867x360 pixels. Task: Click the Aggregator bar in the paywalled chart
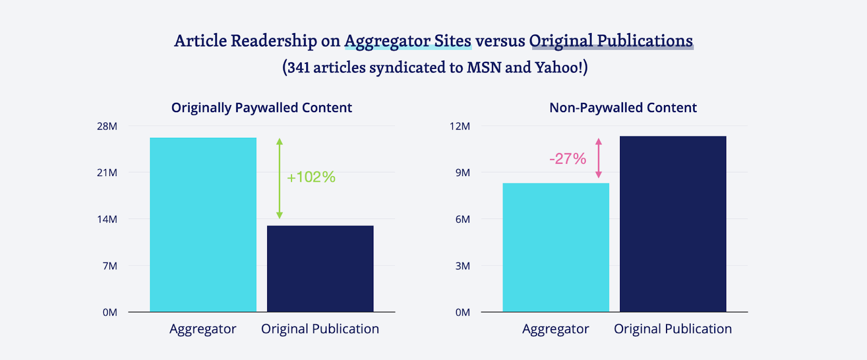pos(203,224)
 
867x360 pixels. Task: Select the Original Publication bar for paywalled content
pos(320,268)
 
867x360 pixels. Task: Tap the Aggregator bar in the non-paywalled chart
pos(556,247)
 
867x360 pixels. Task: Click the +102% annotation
pos(311,177)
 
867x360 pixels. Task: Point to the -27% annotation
pos(567,159)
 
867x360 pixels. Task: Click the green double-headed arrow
pos(280,178)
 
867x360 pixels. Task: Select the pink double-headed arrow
pos(599,158)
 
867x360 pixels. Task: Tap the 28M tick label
pos(107,126)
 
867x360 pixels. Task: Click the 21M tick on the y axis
pos(107,173)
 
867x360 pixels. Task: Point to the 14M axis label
pos(107,220)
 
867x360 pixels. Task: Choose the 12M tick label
pos(460,126)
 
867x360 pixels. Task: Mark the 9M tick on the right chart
pos(462,173)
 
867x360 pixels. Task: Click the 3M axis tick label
pos(462,266)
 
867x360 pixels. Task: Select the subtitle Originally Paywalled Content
pos(262,108)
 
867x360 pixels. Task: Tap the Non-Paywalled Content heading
pos(623,108)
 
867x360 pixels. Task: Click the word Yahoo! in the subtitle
pos(559,67)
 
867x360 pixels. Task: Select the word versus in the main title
pos(500,41)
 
